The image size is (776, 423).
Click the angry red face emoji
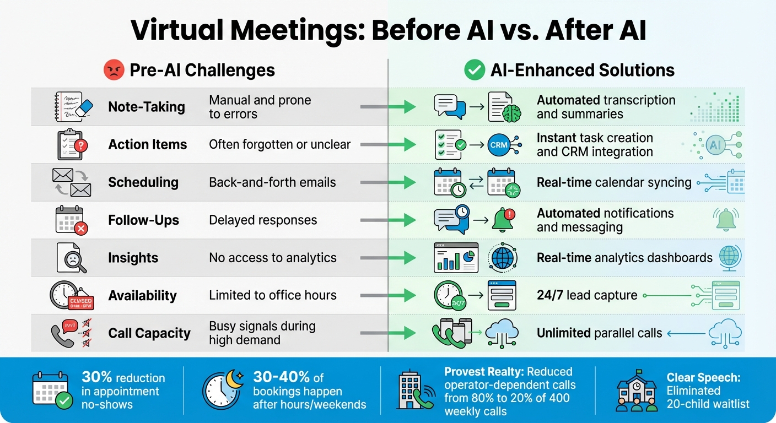click(114, 70)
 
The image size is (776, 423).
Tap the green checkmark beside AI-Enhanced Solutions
click(474, 70)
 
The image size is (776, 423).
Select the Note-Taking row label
click(147, 107)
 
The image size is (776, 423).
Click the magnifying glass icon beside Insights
click(72, 258)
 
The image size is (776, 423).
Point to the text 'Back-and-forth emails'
click(272, 182)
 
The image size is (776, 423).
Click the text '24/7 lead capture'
click(587, 295)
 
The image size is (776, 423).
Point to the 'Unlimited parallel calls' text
click(599, 333)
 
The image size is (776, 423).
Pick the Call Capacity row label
click(149, 333)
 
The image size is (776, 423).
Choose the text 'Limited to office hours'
click(272, 295)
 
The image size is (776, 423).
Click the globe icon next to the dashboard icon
click(502, 258)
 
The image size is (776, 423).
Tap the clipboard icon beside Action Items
click(71, 145)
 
